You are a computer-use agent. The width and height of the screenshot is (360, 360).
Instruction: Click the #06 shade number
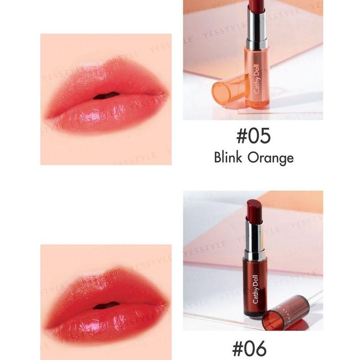click(x=249, y=349)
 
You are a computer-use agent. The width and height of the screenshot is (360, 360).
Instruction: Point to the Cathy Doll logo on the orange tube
click(x=257, y=81)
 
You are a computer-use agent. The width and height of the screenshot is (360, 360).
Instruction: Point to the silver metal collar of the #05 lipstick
click(x=256, y=29)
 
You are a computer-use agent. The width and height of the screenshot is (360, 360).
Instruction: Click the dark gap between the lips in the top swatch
click(x=107, y=95)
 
